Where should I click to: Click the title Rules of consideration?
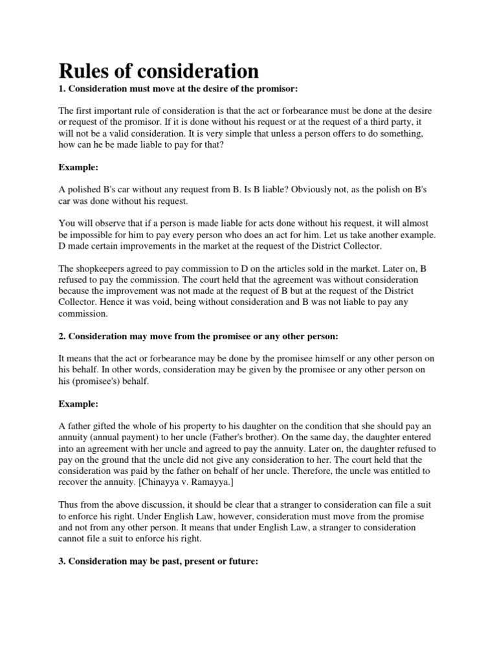(159, 71)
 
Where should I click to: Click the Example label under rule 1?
(78, 167)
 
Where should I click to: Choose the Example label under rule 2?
(78, 404)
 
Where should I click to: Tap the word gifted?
(112, 427)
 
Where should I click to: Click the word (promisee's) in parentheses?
(93, 381)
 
